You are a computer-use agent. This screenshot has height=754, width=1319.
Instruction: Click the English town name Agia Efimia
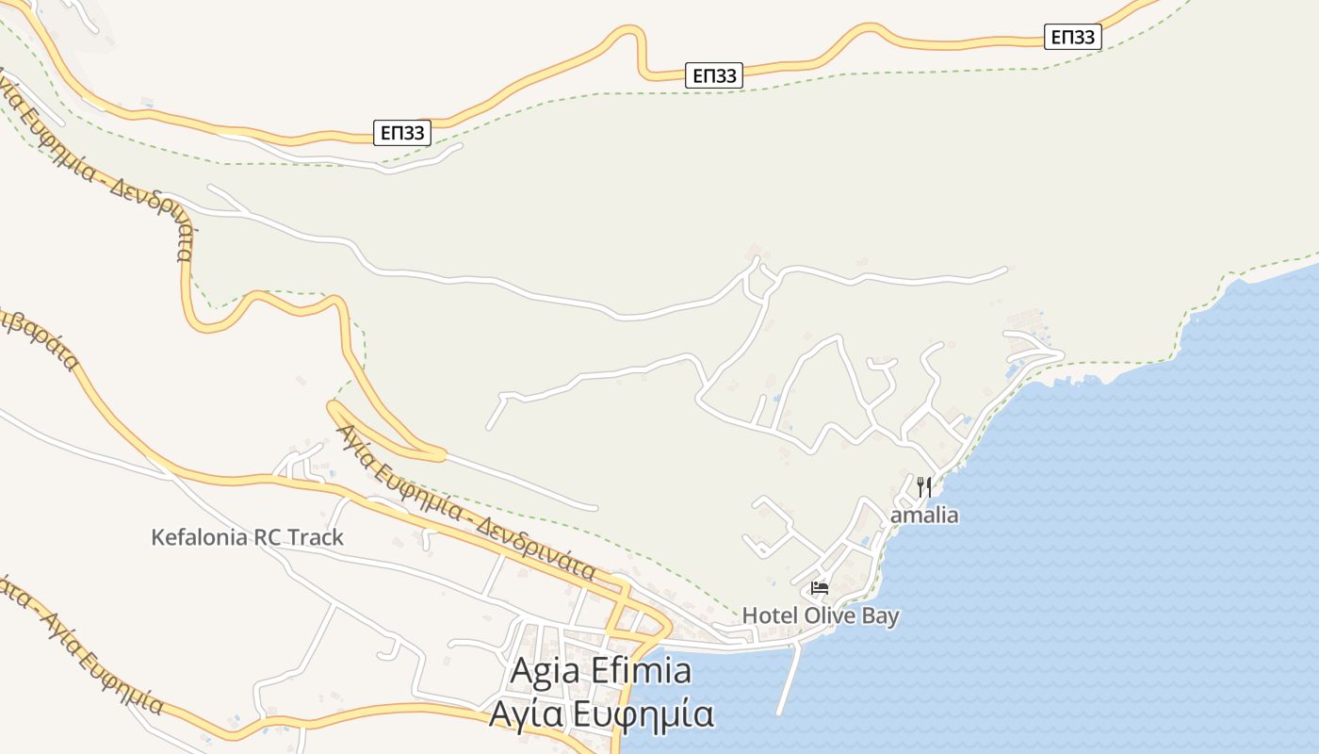pos(600,671)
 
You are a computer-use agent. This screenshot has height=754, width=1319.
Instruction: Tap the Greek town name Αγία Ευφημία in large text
pos(600,713)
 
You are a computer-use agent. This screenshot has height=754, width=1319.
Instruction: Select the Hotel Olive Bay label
pos(820,616)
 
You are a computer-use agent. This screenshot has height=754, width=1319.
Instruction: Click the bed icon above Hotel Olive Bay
pos(820,588)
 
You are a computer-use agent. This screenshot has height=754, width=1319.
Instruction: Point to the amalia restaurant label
pos(924,516)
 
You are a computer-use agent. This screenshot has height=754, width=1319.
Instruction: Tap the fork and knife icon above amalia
pos(924,487)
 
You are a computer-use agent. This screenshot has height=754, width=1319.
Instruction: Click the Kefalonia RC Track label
pos(247,537)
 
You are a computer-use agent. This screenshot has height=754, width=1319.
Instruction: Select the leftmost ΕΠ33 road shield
pos(403,133)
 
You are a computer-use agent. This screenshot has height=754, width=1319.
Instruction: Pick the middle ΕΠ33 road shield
pos(714,75)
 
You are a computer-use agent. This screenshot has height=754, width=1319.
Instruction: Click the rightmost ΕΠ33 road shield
pos(1072,37)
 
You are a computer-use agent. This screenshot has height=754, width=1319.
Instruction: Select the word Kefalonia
pos(199,537)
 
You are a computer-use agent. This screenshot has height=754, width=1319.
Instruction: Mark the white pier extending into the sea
pos(788,679)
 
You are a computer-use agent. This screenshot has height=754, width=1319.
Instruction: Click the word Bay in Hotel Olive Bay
pos(880,616)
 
